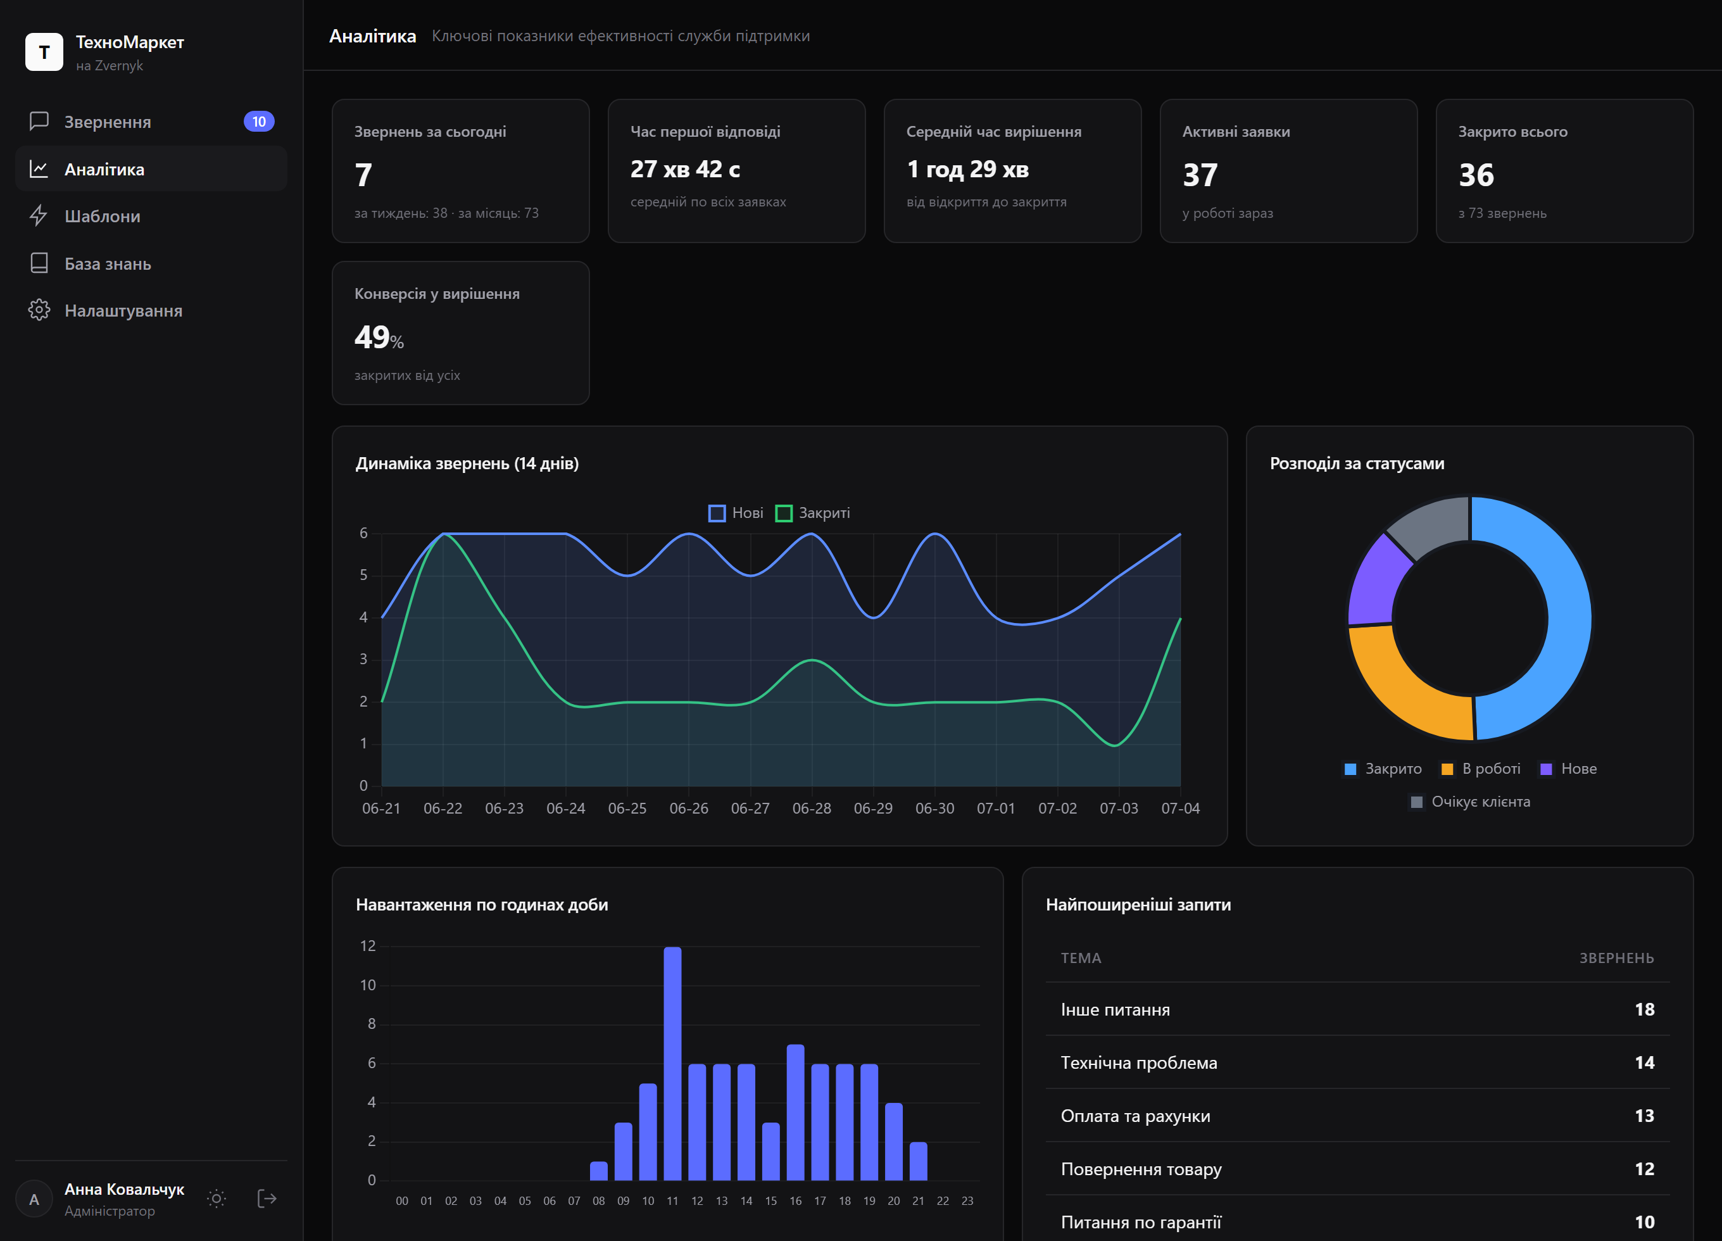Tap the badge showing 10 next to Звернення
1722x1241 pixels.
pos(259,122)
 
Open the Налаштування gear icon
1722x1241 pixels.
pos(39,311)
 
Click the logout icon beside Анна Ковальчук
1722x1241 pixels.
pos(267,1199)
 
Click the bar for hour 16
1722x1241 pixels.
pos(796,1112)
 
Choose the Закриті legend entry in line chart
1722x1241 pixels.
pos(812,513)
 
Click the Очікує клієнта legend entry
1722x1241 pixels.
pos(1470,802)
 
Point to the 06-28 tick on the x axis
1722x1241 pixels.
pos(812,809)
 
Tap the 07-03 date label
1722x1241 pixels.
pos(1119,809)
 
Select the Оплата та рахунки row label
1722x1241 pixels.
pos(1135,1116)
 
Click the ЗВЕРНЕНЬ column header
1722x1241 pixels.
pos(1616,959)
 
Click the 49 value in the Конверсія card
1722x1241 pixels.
pos(372,337)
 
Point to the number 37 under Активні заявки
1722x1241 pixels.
pos(1200,175)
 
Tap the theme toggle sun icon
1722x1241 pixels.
pos(217,1199)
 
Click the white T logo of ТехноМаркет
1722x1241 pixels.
pos(44,52)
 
